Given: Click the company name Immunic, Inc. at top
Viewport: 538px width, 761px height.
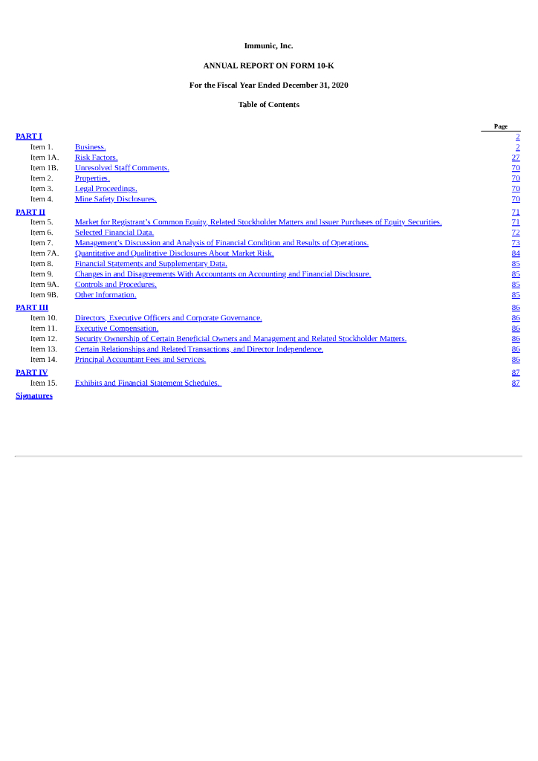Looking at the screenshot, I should click(268, 46).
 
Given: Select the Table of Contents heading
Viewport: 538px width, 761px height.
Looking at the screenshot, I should click(268, 105).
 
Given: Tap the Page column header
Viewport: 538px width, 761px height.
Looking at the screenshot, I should click(501, 126).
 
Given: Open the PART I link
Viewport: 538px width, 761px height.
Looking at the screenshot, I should click(29, 136).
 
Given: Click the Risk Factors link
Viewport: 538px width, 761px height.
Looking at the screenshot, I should click(96, 158).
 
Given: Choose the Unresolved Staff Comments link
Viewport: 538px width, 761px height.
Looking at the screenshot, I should click(122, 168).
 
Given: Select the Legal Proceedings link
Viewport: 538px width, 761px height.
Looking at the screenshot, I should click(106, 189).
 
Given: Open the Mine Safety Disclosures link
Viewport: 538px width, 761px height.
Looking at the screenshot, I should click(115, 199).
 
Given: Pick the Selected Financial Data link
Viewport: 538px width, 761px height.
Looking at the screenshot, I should click(114, 233).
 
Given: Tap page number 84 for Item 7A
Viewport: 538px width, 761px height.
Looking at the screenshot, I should click(516, 253).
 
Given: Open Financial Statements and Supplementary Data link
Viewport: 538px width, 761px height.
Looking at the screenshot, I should click(151, 264).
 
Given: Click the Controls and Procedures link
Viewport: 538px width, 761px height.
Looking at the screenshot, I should click(115, 285).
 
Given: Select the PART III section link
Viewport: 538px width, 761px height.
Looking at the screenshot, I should click(32, 307).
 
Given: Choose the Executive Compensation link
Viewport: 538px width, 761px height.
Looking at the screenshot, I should click(117, 328).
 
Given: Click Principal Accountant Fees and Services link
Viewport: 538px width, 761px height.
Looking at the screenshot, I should click(140, 360).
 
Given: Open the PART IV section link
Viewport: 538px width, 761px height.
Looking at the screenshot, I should click(32, 372).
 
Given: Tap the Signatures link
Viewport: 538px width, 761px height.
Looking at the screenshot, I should click(34, 395).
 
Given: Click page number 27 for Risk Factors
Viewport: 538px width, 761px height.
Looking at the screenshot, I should click(516, 158).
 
